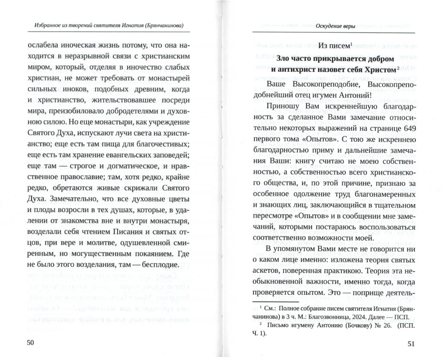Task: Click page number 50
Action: point(30,343)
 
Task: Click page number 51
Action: point(410,344)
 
